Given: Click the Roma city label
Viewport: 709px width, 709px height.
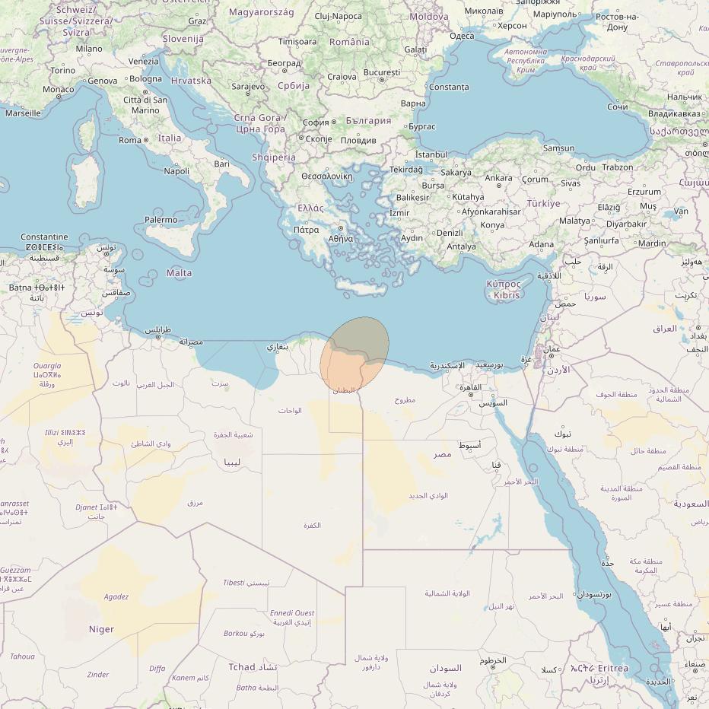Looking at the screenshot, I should click(x=130, y=140).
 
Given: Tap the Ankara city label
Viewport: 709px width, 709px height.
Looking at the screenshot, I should click(x=499, y=178).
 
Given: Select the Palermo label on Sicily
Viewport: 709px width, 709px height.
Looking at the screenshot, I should click(x=161, y=220).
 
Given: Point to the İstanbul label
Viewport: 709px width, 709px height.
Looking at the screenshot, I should click(x=431, y=154).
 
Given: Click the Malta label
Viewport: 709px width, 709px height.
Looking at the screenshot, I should click(x=179, y=273).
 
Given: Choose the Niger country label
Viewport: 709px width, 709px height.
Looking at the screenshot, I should click(x=101, y=629).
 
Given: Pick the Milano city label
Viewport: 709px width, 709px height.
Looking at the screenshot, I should click(x=89, y=49).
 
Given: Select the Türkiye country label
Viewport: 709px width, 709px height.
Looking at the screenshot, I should click(x=543, y=204).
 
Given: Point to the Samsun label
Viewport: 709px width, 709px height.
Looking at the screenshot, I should click(x=559, y=148).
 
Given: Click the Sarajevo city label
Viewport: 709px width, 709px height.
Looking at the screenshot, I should click(x=248, y=87).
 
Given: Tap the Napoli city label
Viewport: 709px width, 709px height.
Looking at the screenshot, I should click(x=176, y=171).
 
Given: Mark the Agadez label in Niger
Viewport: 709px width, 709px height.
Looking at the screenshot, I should click(x=116, y=597).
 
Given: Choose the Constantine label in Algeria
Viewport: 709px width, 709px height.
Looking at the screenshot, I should click(x=44, y=237).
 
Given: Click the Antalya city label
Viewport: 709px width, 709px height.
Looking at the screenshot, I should click(x=461, y=246).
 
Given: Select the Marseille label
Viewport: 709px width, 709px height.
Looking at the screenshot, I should click(x=23, y=113).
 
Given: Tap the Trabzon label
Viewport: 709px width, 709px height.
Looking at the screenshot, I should click(x=617, y=167).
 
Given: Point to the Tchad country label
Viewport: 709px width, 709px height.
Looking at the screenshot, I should click(x=243, y=667).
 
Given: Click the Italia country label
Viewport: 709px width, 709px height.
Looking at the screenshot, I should click(x=170, y=138).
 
